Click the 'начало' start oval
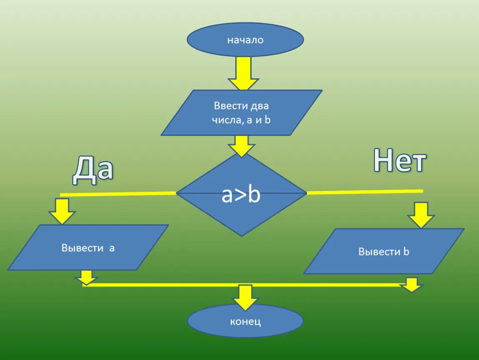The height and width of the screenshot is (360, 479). [x=245, y=40]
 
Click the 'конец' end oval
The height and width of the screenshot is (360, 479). [x=245, y=321]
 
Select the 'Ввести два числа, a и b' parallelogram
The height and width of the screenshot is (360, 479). [x=242, y=112]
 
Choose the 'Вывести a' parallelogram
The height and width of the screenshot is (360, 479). [x=88, y=248]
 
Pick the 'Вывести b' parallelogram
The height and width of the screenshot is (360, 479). [x=384, y=251]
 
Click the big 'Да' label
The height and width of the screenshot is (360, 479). [x=93, y=170]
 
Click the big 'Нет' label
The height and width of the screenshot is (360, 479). [x=399, y=160]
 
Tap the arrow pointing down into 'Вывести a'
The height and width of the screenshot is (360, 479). [x=62, y=211]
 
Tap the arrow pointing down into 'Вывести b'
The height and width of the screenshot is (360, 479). [x=421, y=215]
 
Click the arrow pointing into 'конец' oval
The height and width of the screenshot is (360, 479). [x=245, y=297]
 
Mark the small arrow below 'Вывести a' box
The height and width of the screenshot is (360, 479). [x=87, y=277]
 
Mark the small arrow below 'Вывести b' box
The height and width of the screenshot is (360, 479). [x=412, y=285]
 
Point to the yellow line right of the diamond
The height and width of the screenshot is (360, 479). [x=364, y=192]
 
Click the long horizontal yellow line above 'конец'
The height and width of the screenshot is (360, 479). [x=167, y=285]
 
